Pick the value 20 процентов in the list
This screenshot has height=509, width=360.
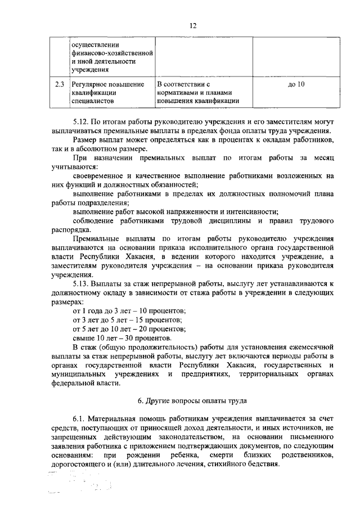click(x=163, y=329)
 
